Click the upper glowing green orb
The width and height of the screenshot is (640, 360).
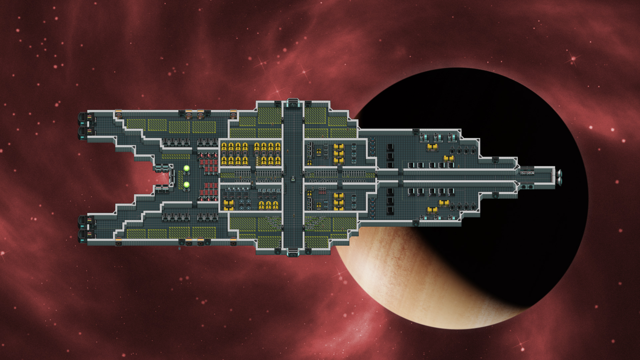[186, 169]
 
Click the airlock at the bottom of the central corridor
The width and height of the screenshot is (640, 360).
[293, 252]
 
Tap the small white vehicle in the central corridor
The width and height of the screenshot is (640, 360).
[293, 178]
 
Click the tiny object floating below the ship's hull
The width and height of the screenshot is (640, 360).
[179, 248]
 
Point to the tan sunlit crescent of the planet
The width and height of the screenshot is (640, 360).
[400, 283]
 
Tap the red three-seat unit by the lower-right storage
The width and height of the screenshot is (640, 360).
[322, 191]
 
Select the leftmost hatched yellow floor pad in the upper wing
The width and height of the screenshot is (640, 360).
[136, 124]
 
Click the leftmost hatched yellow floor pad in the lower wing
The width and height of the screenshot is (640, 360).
[136, 234]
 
